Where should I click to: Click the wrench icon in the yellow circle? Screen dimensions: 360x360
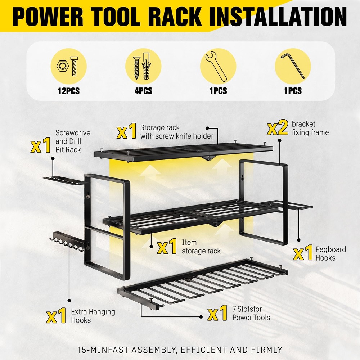tap(218, 66)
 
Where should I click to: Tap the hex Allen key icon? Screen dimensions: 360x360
tap(293, 66)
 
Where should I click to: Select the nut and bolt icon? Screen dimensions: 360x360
tap(68, 66)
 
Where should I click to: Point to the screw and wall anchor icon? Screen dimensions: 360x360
tap(143, 66)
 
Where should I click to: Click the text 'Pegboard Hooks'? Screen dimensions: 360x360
tap(325, 253)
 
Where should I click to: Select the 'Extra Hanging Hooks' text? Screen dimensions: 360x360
tap(88, 315)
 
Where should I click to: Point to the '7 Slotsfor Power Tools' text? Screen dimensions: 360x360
tap(251, 313)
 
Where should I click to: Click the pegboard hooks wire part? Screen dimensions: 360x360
tap(295, 206)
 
